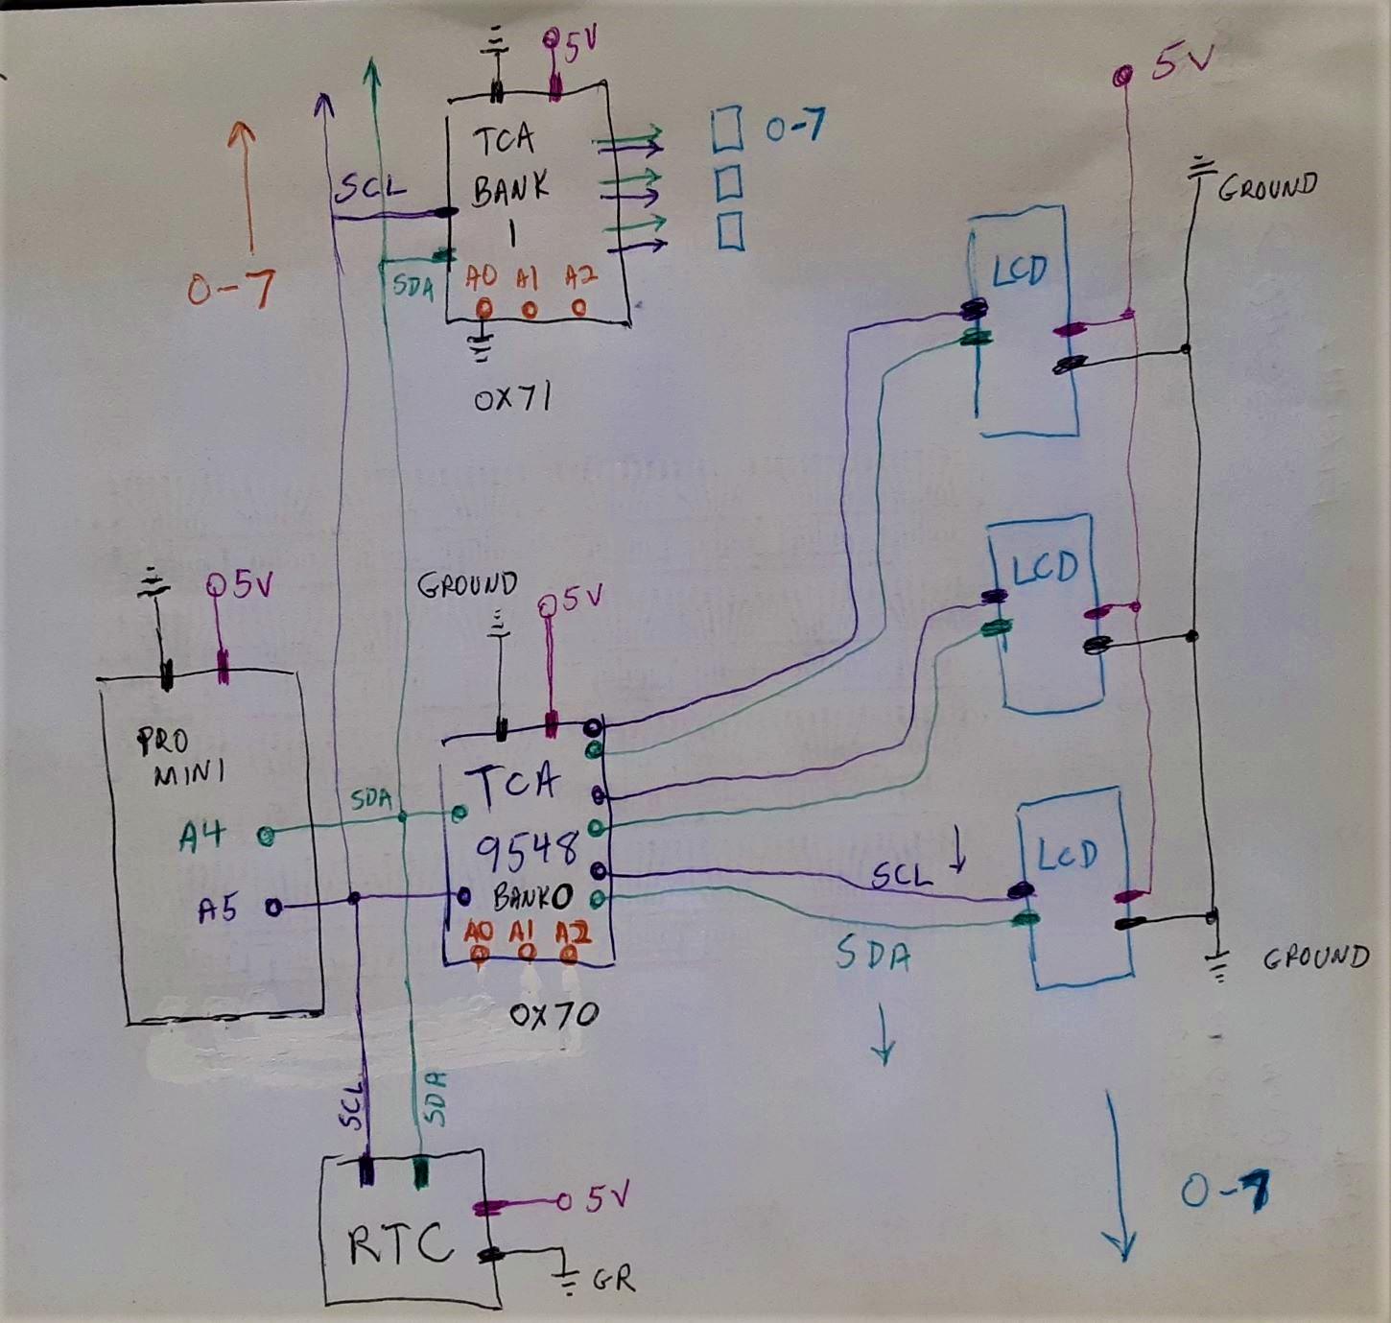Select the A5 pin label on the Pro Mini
click(x=218, y=909)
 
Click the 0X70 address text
click(x=554, y=1015)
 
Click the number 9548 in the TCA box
click(x=527, y=847)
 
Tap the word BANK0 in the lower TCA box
click(x=532, y=897)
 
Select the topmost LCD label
click(x=1019, y=272)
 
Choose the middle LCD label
click(x=1045, y=568)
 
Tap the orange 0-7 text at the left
click(x=230, y=288)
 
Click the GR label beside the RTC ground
click(x=614, y=1280)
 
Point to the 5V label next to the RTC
click(x=607, y=1198)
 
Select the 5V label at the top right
click(x=1182, y=63)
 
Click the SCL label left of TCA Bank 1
click(x=369, y=187)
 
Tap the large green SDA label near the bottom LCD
click(x=872, y=955)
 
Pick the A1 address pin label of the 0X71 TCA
click(x=527, y=278)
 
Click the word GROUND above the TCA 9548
click(x=467, y=584)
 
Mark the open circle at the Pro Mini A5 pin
click(x=273, y=907)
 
